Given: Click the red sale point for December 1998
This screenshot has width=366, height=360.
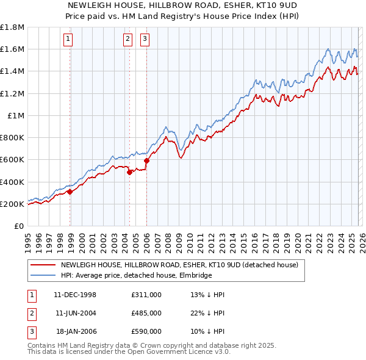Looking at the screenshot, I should (70, 191).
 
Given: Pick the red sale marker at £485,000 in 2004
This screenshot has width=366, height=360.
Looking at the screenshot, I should (129, 172).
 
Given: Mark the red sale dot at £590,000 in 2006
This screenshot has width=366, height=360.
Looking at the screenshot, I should (147, 160).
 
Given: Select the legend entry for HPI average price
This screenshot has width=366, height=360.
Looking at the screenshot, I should (135, 275).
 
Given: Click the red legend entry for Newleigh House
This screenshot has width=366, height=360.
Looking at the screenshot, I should (179, 265).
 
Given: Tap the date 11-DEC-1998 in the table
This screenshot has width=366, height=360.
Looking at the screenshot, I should (76, 295).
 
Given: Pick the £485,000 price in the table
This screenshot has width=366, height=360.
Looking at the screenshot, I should (146, 312).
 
